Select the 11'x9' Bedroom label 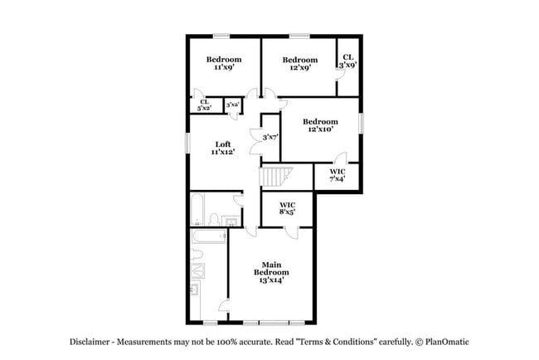[x=223, y=64]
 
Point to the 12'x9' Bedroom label [x=299, y=64]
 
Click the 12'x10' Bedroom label [x=319, y=125]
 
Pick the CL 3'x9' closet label [x=347, y=61]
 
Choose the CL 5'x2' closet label [x=203, y=105]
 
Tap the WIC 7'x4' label [x=337, y=175]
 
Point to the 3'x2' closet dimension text [x=233, y=105]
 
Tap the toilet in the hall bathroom [x=214, y=219]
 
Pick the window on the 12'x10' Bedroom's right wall [x=361, y=122]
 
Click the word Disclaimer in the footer [x=89, y=342]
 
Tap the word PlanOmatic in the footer [x=449, y=342]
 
